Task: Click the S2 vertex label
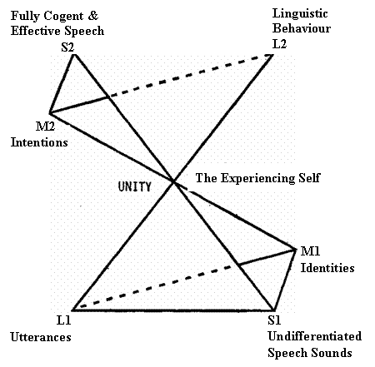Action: tap(67, 47)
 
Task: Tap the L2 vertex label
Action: tap(279, 44)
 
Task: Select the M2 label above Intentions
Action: tap(46, 126)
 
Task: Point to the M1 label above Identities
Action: tap(310, 251)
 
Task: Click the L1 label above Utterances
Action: tap(64, 320)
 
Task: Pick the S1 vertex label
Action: tap(274, 320)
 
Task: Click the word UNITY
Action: tap(135, 186)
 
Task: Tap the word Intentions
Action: tap(39, 142)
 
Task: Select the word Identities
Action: tap(327, 268)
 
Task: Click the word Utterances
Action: tap(41, 337)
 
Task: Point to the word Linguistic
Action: tap(300, 14)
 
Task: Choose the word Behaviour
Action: tap(302, 28)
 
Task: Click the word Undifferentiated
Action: tap(315, 336)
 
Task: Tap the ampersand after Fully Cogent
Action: tap(93, 16)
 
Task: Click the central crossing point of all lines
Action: tap(173, 182)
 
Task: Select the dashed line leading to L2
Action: tap(191, 76)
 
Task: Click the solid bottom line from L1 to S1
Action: tap(173, 310)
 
